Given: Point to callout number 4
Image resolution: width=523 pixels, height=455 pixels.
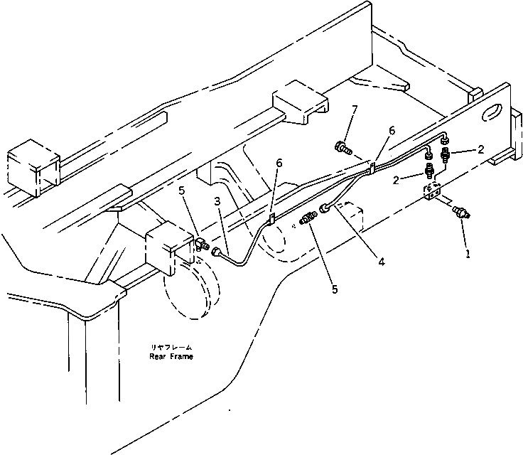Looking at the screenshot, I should click(382, 262).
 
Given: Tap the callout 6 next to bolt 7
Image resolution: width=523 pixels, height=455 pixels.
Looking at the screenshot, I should click(392, 130).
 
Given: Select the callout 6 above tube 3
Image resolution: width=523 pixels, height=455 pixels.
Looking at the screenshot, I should click(279, 164).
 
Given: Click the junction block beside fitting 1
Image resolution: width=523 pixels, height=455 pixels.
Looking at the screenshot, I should click(433, 191).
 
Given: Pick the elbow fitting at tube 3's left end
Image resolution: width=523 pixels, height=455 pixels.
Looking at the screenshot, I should click(202, 246).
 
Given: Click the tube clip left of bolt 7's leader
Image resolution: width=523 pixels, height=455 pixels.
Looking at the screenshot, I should click(372, 168).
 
